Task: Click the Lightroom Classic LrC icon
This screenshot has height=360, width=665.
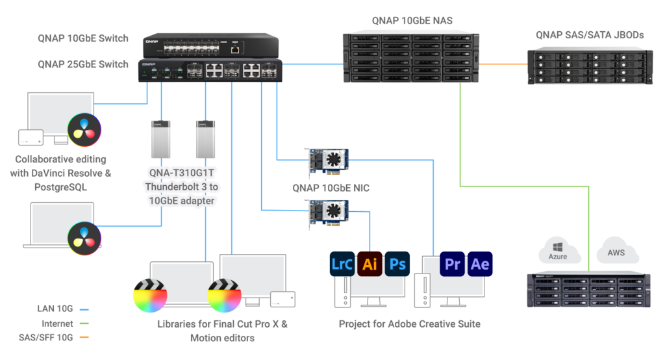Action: point(343,264)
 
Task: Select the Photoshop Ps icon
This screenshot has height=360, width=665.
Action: point(397,264)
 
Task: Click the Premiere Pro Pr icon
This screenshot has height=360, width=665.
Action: point(453,264)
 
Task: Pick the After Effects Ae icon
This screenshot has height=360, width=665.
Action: point(480,264)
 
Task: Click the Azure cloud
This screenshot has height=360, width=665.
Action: point(557,251)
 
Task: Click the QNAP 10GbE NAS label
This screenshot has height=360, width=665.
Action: point(412,20)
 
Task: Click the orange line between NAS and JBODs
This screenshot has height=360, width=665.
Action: point(504,64)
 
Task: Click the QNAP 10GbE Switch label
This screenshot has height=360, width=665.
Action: point(83,38)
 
